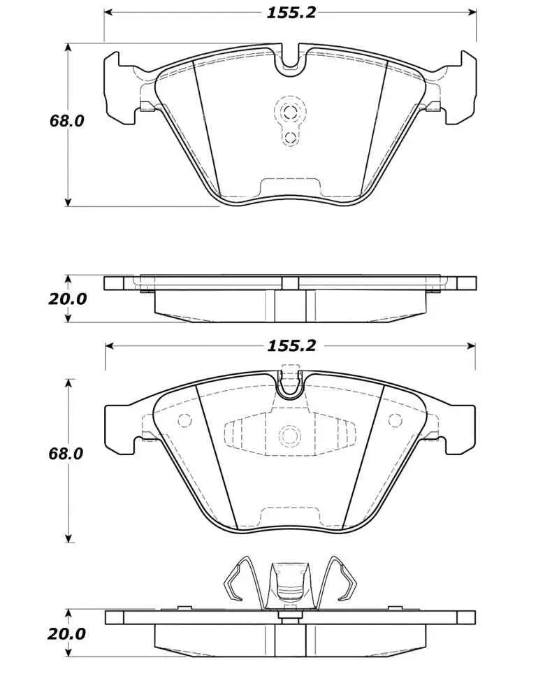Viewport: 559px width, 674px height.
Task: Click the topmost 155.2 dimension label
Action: pos(290,13)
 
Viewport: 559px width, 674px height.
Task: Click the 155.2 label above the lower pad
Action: pos(290,345)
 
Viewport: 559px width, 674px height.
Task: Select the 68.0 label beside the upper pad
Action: pos(66,121)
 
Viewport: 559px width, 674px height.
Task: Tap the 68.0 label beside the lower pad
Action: pos(66,453)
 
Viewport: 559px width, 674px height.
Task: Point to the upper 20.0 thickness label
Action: pos(68,299)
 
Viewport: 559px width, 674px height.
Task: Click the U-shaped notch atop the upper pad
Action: pos(290,60)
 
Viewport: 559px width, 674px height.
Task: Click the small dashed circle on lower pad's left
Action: pos(185,421)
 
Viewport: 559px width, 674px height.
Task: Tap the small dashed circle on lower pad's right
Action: pos(395,420)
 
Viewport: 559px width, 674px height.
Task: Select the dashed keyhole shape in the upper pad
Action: pos(289,120)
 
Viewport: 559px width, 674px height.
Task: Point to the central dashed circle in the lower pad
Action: pos(289,436)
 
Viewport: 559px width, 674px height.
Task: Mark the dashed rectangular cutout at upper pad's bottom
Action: pos(289,187)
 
